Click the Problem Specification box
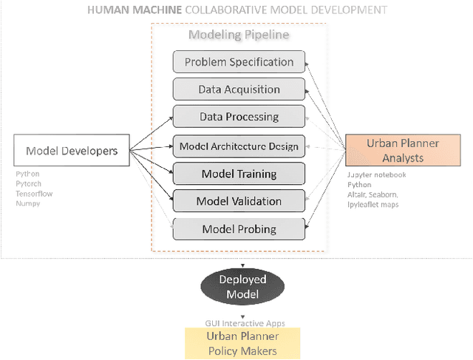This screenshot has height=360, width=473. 239,62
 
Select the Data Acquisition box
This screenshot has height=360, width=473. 239,89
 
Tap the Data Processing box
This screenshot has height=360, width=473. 239,117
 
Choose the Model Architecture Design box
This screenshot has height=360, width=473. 239,146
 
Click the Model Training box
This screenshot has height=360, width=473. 239,174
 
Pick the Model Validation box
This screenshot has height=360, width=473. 239,201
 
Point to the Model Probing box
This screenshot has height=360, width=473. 239,229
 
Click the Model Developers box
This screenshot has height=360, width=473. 72,151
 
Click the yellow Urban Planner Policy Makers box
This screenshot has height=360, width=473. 243,344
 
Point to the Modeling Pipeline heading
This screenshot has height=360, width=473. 238,35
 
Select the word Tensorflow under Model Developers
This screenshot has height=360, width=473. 34,194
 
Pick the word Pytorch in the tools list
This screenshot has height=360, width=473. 30,184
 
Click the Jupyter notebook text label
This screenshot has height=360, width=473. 376,175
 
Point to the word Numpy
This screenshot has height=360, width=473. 28,203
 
